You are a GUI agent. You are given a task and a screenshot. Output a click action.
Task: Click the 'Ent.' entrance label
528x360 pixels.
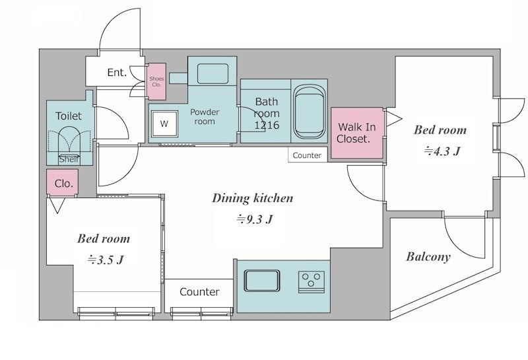click(117, 73)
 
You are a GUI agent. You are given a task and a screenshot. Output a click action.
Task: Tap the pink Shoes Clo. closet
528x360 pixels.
click(156, 81)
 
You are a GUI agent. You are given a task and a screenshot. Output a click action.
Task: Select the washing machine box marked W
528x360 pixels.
click(164, 124)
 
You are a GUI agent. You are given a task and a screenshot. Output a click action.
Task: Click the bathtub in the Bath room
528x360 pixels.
click(310, 112)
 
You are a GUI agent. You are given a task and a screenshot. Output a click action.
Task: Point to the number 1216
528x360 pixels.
click(267, 125)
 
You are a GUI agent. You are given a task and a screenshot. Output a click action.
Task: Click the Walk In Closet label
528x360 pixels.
click(356, 133)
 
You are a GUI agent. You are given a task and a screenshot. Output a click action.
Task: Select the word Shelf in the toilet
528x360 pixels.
click(69, 159)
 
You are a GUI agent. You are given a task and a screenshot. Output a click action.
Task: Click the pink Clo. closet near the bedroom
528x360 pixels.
click(63, 182)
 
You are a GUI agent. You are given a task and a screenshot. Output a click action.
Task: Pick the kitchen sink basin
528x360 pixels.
click(262, 281)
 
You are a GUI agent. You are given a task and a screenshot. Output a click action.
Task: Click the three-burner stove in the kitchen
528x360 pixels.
click(312, 281)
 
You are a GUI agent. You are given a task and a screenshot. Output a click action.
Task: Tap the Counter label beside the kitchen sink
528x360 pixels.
click(199, 291)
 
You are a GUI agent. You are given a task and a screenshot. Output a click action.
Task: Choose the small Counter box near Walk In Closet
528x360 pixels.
click(308, 155)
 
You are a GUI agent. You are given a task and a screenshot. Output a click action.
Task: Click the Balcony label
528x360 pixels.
click(428, 257)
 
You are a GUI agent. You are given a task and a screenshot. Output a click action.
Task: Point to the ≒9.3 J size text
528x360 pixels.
click(254, 219)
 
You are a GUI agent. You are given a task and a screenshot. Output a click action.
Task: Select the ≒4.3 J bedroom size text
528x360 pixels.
click(442, 151)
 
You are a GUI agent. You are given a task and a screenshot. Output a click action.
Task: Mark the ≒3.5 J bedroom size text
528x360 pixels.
click(106, 260)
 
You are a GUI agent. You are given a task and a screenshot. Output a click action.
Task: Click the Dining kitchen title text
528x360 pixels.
click(253, 198)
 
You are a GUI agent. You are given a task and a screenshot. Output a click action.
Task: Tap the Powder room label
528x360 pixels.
click(205, 117)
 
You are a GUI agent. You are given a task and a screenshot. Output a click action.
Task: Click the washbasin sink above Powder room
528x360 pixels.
click(213, 73)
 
